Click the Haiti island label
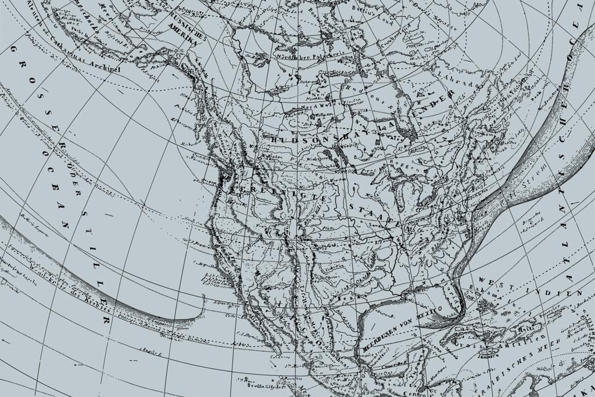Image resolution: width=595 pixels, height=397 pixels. pyautogui.click(x=526, y=329)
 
